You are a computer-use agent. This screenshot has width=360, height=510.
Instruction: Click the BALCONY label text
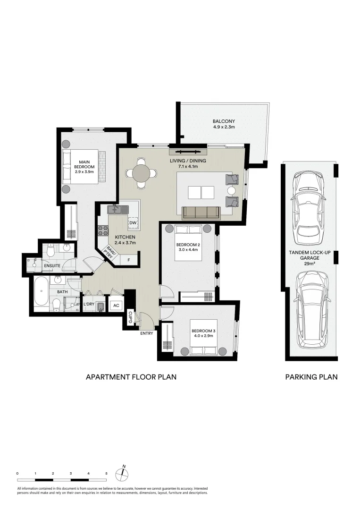point(224,121)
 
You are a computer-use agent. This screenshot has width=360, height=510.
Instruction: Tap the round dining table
point(141,173)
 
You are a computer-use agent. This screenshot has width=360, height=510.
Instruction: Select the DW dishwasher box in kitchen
point(133,222)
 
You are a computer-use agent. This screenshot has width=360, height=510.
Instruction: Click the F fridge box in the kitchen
point(129,259)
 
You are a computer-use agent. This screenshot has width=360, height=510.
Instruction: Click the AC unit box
point(116,306)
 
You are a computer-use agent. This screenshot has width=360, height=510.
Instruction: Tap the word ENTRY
point(147,334)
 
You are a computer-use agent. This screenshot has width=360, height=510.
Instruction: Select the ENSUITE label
point(52,266)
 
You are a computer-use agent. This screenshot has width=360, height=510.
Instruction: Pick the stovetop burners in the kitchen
point(103,231)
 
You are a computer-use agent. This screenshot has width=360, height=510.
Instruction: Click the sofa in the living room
point(201,213)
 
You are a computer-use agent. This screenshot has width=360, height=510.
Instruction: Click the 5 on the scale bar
point(107,473)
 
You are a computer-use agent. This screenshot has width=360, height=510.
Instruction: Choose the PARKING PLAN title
point(311,377)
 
